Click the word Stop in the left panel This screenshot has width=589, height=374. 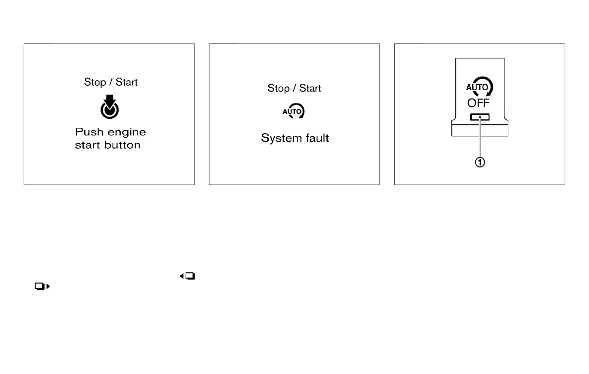coord(95,82)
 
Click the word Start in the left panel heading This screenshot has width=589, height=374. coord(127,82)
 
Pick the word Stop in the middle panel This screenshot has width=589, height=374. coord(278,88)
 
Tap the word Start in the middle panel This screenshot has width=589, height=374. coord(310,88)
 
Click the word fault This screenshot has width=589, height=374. coord(316,138)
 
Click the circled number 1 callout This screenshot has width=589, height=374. coord(480,162)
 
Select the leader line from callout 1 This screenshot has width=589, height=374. coord(480,139)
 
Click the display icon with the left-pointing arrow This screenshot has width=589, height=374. coord(188,276)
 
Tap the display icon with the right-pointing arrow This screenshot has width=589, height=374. coord(43,286)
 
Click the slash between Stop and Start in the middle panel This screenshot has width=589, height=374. coord(294,88)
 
